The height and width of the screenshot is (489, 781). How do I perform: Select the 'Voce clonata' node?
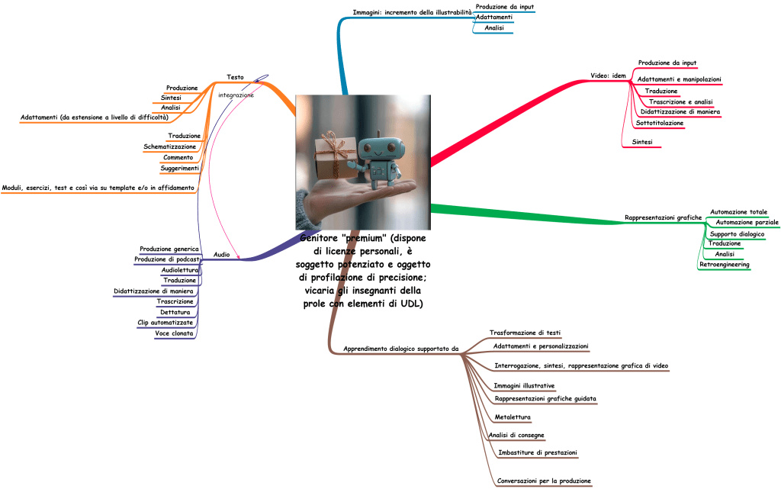(174, 333)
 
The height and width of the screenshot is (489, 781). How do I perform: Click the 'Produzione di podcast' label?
(167, 259)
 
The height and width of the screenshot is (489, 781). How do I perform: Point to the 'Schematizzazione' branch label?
(169, 146)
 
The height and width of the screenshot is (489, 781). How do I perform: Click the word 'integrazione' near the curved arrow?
(236, 95)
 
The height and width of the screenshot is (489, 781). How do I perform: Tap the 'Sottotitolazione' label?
(660, 123)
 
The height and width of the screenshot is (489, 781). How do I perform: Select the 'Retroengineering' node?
(725, 265)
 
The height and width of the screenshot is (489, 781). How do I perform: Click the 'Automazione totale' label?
(738, 212)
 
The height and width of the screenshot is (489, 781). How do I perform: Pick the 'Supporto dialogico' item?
(737, 234)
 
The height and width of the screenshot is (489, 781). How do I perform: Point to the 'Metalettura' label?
(513, 417)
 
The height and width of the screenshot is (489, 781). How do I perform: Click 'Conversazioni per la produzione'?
(544, 481)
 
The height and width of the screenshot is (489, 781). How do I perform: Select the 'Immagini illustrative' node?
(524, 386)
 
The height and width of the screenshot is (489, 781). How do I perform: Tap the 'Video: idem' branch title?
(608, 76)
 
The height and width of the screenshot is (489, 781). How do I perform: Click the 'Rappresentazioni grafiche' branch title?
(663, 218)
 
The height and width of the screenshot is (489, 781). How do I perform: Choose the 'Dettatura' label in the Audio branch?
(175, 312)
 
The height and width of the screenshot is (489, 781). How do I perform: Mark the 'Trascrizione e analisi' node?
(680, 101)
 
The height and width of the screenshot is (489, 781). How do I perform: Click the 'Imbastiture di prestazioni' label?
(537, 453)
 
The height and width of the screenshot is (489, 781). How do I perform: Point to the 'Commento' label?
(178, 157)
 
